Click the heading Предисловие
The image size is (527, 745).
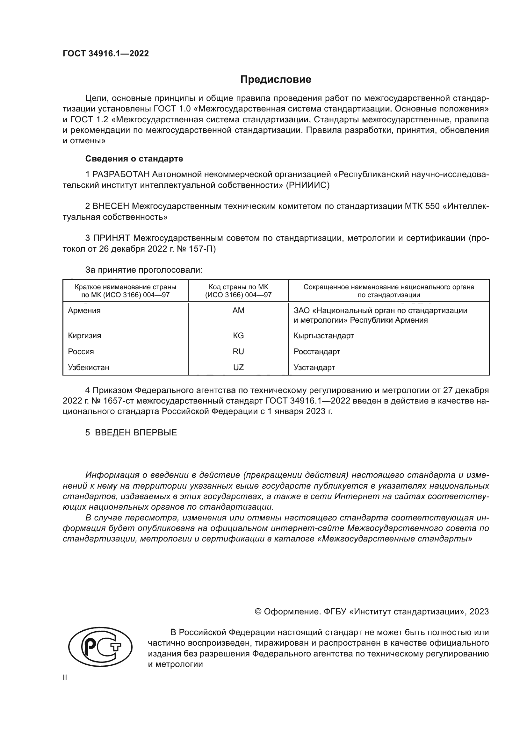[276, 80]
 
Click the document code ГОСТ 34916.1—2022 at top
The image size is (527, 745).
[106, 54]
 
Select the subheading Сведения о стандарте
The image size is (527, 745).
[134, 159]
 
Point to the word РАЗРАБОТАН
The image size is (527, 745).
[121, 175]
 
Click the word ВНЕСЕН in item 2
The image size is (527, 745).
[111, 206]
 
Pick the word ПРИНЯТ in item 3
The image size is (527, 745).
[112, 238]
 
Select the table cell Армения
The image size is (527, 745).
[84, 311]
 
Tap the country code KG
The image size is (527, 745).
[238, 335]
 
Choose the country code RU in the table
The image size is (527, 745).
[238, 351]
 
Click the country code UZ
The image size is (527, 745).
[238, 367]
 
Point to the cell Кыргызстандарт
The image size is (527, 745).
[323, 335]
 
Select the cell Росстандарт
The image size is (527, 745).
[317, 351]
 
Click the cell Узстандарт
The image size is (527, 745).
[314, 367]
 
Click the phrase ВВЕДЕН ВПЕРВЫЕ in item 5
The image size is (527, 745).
[136, 433]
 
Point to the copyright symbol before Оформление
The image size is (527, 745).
[258, 612]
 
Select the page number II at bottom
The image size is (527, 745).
[65, 678]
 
